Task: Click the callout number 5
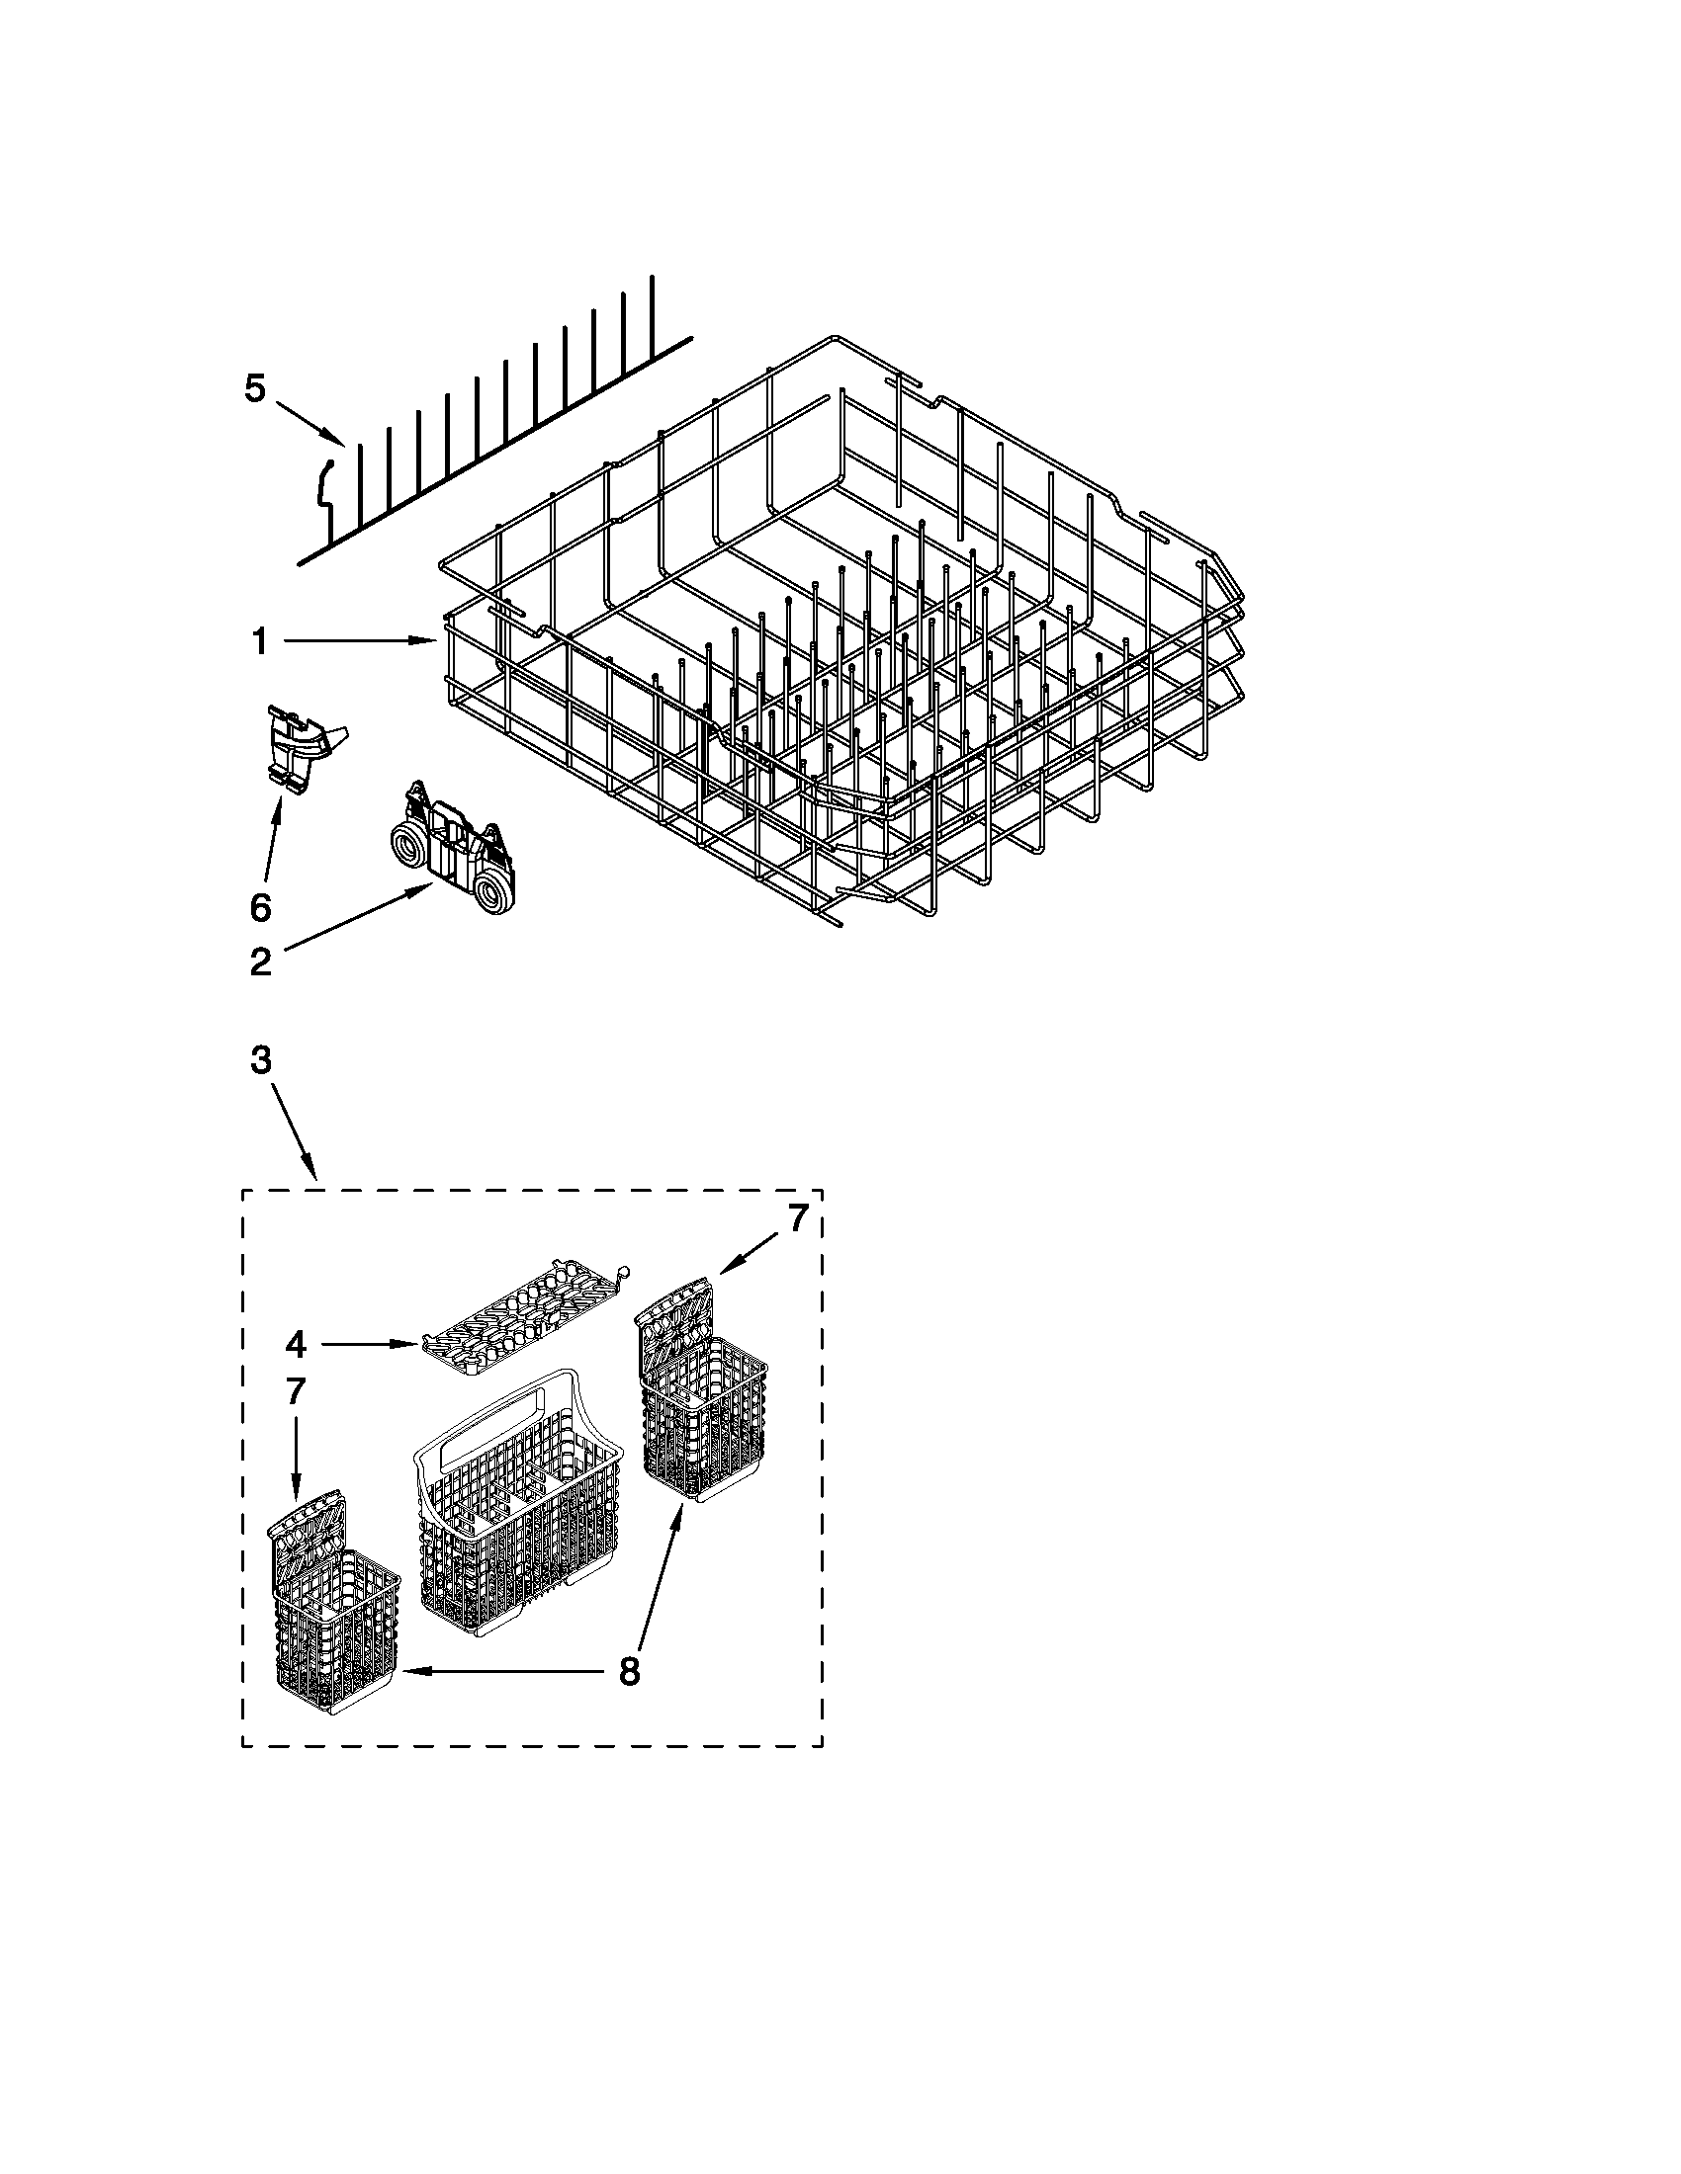click(x=255, y=389)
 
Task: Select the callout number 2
click(x=260, y=962)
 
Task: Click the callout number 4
click(x=295, y=1344)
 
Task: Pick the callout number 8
click(x=628, y=1670)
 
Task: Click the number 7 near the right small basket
click(x=797, y=1219)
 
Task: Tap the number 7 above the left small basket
click(x=295, y=1391)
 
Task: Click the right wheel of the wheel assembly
click(x=495, y=892)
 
